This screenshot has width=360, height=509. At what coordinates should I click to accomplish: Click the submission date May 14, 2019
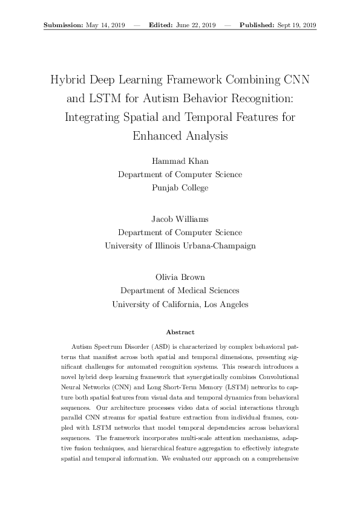pos(106,25)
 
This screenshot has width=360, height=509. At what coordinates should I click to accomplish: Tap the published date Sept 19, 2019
pos(296,25)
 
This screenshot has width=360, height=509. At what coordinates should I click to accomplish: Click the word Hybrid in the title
pos(67,80)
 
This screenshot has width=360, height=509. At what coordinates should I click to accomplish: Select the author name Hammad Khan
pos(180,161)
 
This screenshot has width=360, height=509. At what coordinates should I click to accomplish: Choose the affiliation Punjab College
pos(180,187)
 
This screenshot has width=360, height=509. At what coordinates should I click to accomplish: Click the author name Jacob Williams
pos(180,219)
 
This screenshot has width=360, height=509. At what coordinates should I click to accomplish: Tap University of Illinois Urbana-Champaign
pos(180,245)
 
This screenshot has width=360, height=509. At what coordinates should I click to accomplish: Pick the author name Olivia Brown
pos(180,277)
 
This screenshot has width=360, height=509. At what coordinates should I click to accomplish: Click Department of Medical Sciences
pos(180,291)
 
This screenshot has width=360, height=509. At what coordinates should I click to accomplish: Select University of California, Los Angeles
pos(180,304)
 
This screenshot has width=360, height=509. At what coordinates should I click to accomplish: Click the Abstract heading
pos(180,332)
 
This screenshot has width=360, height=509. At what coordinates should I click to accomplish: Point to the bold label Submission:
pos(64,25)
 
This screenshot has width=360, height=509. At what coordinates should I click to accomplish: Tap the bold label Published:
pos(257,25)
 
